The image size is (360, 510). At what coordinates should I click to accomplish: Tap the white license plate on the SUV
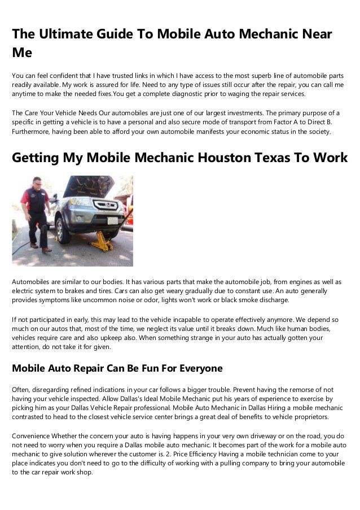click(111, 221)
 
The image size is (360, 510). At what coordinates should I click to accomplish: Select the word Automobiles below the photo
click(33, 281)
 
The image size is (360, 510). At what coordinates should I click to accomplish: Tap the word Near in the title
click(316, 34)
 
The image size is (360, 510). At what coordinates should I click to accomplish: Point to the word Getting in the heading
click(37, 158)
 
